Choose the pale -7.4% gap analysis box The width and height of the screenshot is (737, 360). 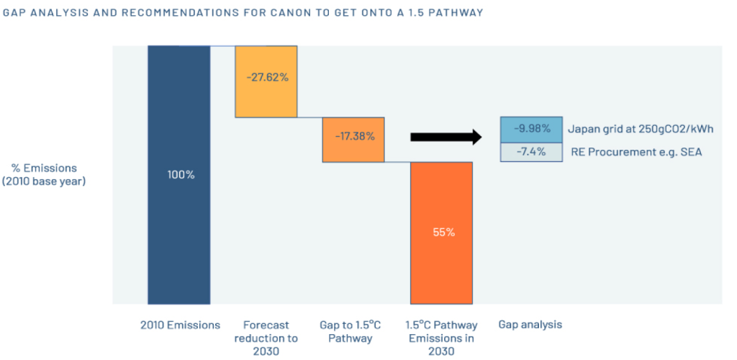532,152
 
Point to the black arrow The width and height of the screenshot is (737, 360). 446,137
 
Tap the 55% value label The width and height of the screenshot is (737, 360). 442,233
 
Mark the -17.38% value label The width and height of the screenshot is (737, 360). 354,136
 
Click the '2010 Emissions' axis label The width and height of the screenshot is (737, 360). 180,325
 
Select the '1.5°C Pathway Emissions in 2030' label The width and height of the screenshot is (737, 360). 442,338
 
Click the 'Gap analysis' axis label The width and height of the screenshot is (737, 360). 530,325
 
